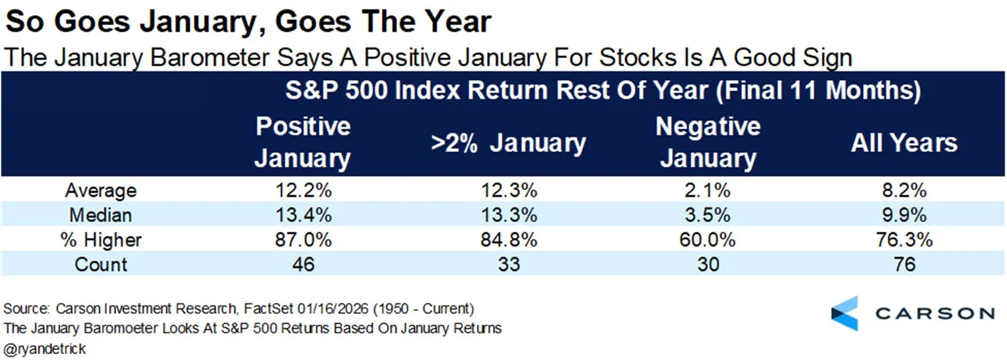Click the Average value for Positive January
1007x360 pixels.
pyautogui.click(x=303, y=190)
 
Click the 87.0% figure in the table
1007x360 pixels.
pyautogui.click(x=303, y=240)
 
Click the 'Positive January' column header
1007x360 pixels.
pyautogui.click(x=303, y=143)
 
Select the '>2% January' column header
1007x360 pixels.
pyautogui.click(x=508, y=143)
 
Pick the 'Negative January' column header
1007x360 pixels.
pyautogui.click(x=708, y=143)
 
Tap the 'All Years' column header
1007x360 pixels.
pyautogui.click(x=903, y=143)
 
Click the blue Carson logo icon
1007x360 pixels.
pyautogui.click(x=845, y=313)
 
